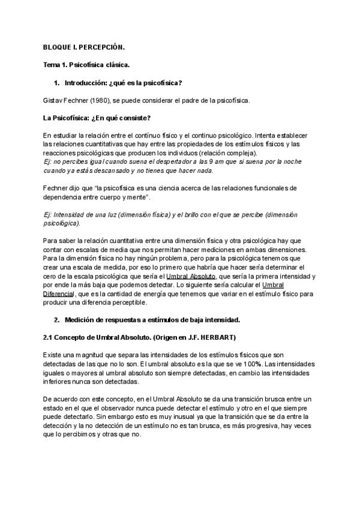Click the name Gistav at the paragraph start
point(55,99)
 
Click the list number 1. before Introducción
point(57,82)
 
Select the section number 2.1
point(49,337)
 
